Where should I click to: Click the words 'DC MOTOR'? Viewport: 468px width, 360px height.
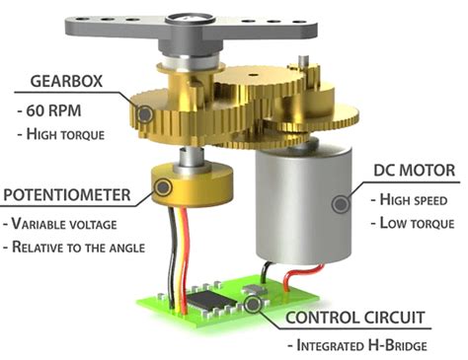tap(413, 171)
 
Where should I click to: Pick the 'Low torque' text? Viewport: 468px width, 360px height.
tap(413, 222)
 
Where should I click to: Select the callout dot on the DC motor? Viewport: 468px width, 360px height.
tap(340, 204)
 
